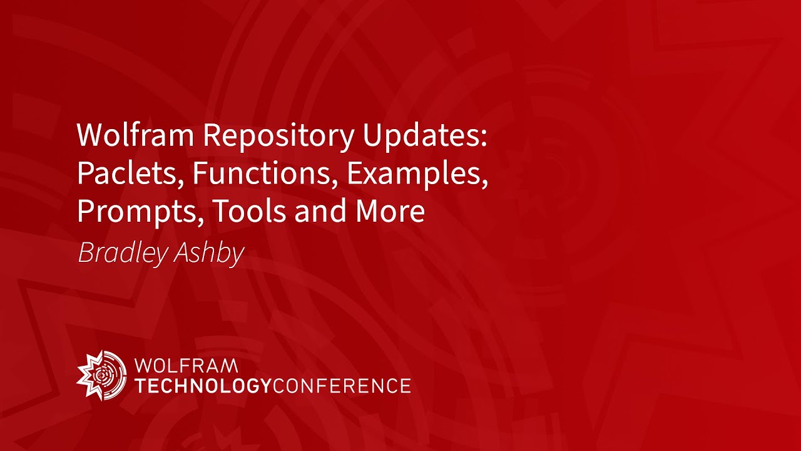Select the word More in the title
390,211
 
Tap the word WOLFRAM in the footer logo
186,366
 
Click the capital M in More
368,211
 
